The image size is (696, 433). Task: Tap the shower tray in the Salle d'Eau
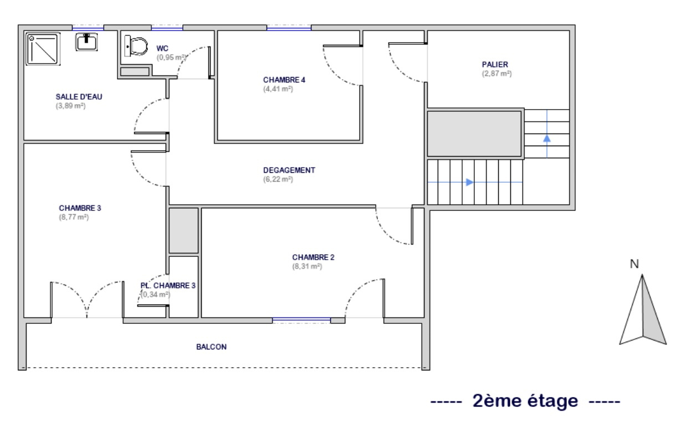pos(43,49)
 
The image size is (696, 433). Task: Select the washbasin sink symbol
pos(86,42)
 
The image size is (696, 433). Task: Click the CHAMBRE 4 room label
pos(284,80)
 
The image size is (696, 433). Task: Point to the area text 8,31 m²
pos(307,266)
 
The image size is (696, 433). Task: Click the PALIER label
pos(495,65)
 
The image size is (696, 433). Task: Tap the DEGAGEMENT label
pos(289,170)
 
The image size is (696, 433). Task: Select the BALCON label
pos(211,347)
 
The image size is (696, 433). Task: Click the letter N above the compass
pos(634,264)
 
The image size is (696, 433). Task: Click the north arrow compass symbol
pos(643,311)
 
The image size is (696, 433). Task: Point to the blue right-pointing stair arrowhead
pos(470,182)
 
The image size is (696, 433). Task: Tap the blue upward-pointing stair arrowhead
pos(547,138)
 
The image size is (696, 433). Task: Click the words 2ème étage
pos(525,401)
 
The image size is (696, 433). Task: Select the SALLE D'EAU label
pos(79,97)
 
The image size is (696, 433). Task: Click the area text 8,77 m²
pos(74,217)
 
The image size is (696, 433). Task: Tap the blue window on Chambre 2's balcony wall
pos(301,319)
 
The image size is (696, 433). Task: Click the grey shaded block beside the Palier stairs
pos(474,134)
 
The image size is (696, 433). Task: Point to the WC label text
pos(162,48)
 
